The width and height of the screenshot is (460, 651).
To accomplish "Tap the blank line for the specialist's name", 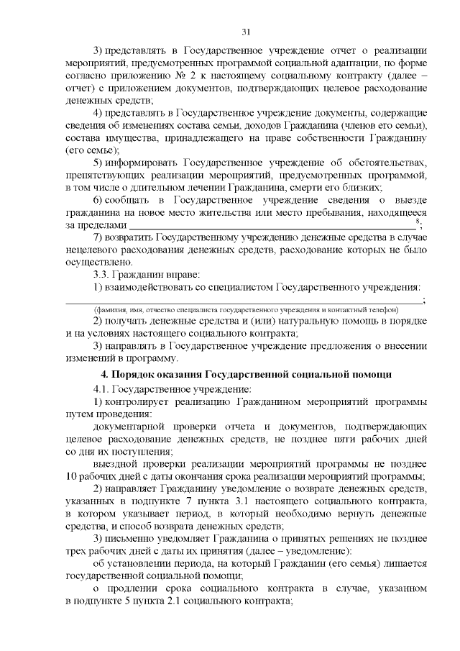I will pyautogui.click(x=244, y=302).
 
